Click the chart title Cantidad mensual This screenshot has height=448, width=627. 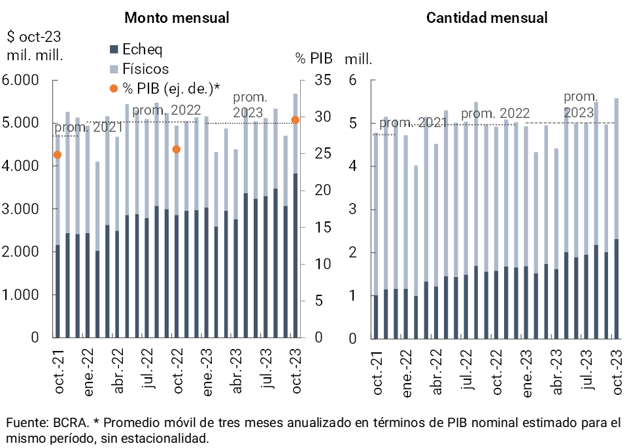pyautogui.click(x=487, y=18)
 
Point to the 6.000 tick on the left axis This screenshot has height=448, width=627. pyautogui.click(x=21, y=81)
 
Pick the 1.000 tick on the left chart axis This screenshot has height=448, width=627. pyautogui.click(x=21, y=295)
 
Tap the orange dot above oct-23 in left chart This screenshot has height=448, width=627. pyautogui.click(x=295, y=120)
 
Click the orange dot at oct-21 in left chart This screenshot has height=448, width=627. pyautogui.click(x=58, y=155)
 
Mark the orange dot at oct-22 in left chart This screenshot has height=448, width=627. pyautogui.click(x=176, y=149)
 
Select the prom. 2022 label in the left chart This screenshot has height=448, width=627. pyautogui.click(x=167, y=110)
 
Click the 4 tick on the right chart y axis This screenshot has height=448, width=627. pyautogui.click(x=354, y=166)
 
